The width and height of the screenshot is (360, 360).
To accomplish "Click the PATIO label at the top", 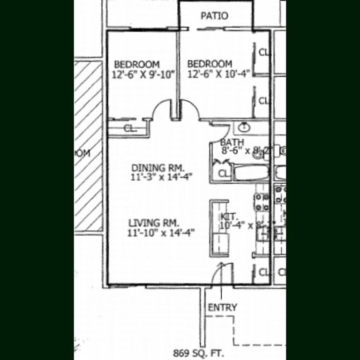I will coord(214,16).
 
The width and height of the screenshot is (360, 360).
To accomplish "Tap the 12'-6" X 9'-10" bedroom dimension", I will coord(143,74).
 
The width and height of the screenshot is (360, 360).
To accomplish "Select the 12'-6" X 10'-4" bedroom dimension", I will coord(219,74).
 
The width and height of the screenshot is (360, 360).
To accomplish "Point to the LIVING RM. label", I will coord(154,223).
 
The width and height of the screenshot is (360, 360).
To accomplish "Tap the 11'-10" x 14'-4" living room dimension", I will coord(161,232).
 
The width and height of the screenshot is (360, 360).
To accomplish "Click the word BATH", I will coord(232,142).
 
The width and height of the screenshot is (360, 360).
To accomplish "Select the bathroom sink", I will coord(244,127).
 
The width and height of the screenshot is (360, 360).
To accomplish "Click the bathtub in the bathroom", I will coord(251,172).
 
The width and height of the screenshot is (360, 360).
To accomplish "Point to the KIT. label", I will coord(230,217).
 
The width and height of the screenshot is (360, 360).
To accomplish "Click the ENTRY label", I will coord(222,307).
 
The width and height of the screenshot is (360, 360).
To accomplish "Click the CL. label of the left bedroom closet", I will coord(130,128).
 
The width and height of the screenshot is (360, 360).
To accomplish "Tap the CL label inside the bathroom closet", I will coord(224,174).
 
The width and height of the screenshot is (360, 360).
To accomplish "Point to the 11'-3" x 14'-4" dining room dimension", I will coord(162,177).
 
